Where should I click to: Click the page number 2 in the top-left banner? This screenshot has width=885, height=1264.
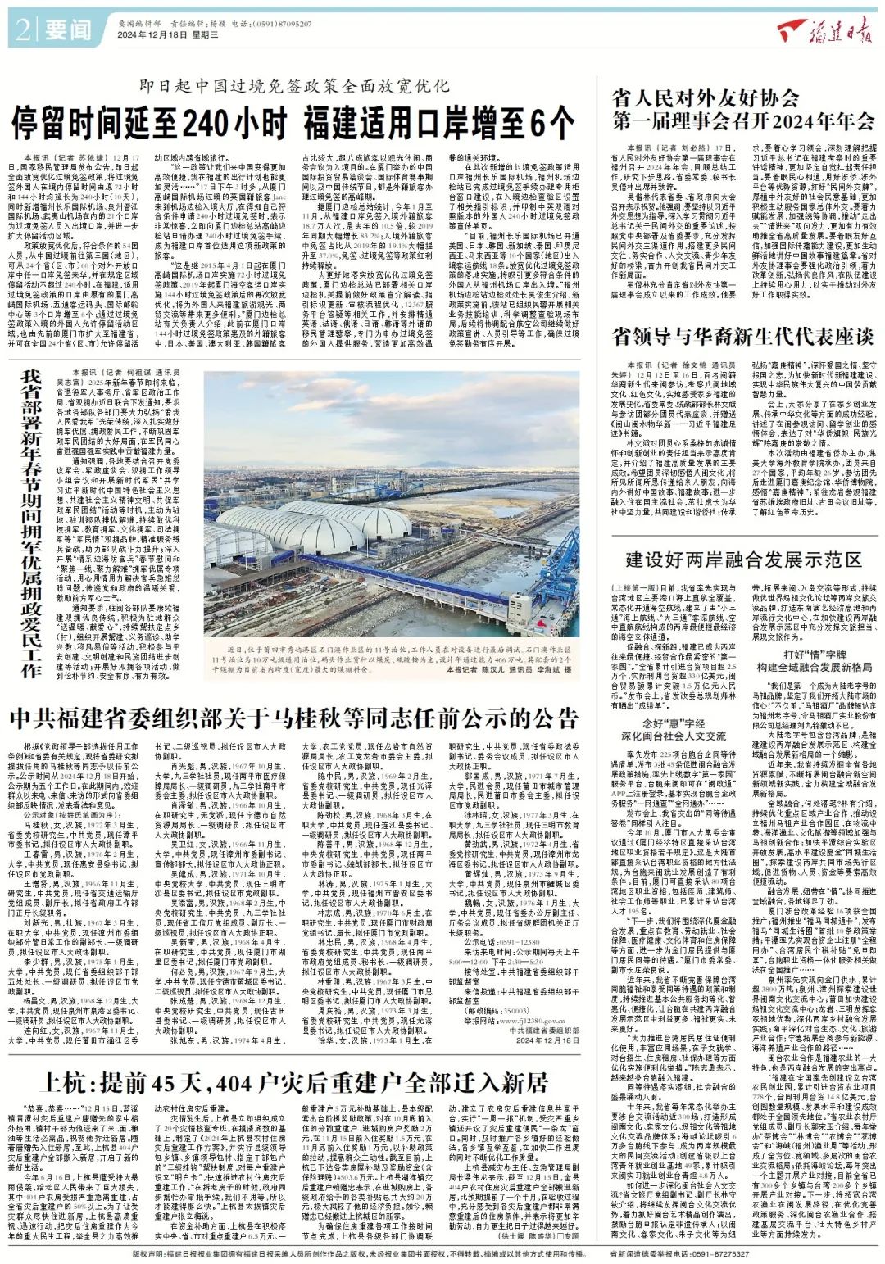[x=22, y=30]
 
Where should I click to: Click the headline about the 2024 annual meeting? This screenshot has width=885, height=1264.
[x=743, y=110]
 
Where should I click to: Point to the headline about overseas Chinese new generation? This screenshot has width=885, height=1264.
[x=743, y=337]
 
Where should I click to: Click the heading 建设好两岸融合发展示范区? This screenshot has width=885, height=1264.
[x=743, y=560]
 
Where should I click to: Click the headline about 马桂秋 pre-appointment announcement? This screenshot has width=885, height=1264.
[x=294, y=718]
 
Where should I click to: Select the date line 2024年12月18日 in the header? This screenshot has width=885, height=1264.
[x=155, y=35]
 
